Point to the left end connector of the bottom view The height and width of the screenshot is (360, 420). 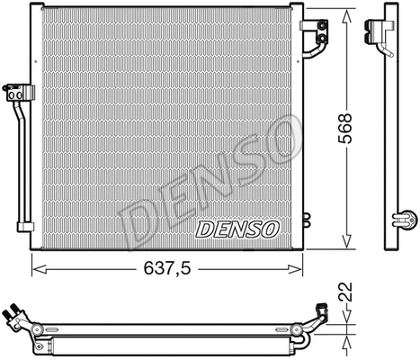(x=15, y=317)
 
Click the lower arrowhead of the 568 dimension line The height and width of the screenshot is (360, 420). (x=345, y=242)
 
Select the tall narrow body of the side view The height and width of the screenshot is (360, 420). (x=389, y=135)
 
